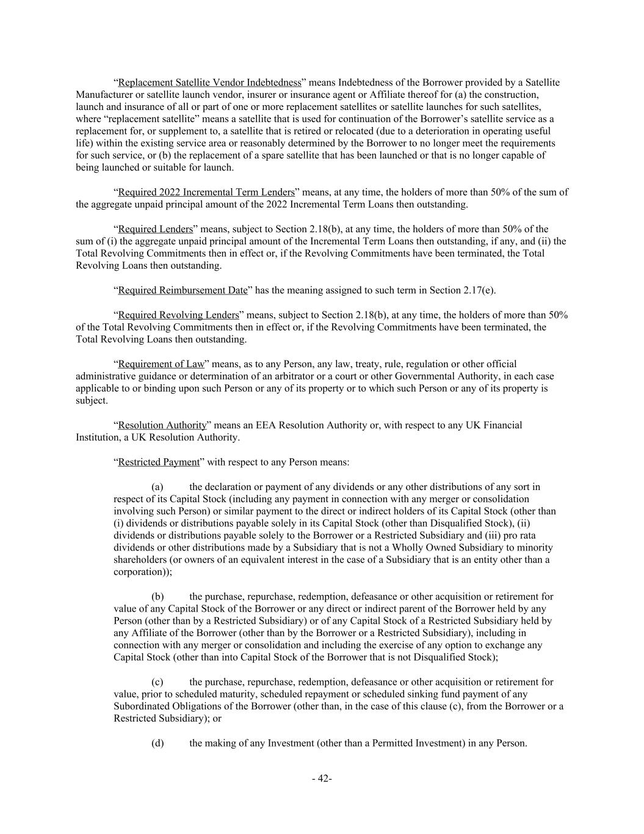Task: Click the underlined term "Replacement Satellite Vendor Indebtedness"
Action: pos(209,82)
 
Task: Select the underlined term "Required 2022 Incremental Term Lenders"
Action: pos(206,192)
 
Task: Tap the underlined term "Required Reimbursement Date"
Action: pos(183,290)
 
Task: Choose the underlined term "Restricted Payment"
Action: pos(159,463)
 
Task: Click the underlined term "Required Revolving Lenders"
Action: pos(178,315)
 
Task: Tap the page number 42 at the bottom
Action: pos(322,778)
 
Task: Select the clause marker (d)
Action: pos(157,744)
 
